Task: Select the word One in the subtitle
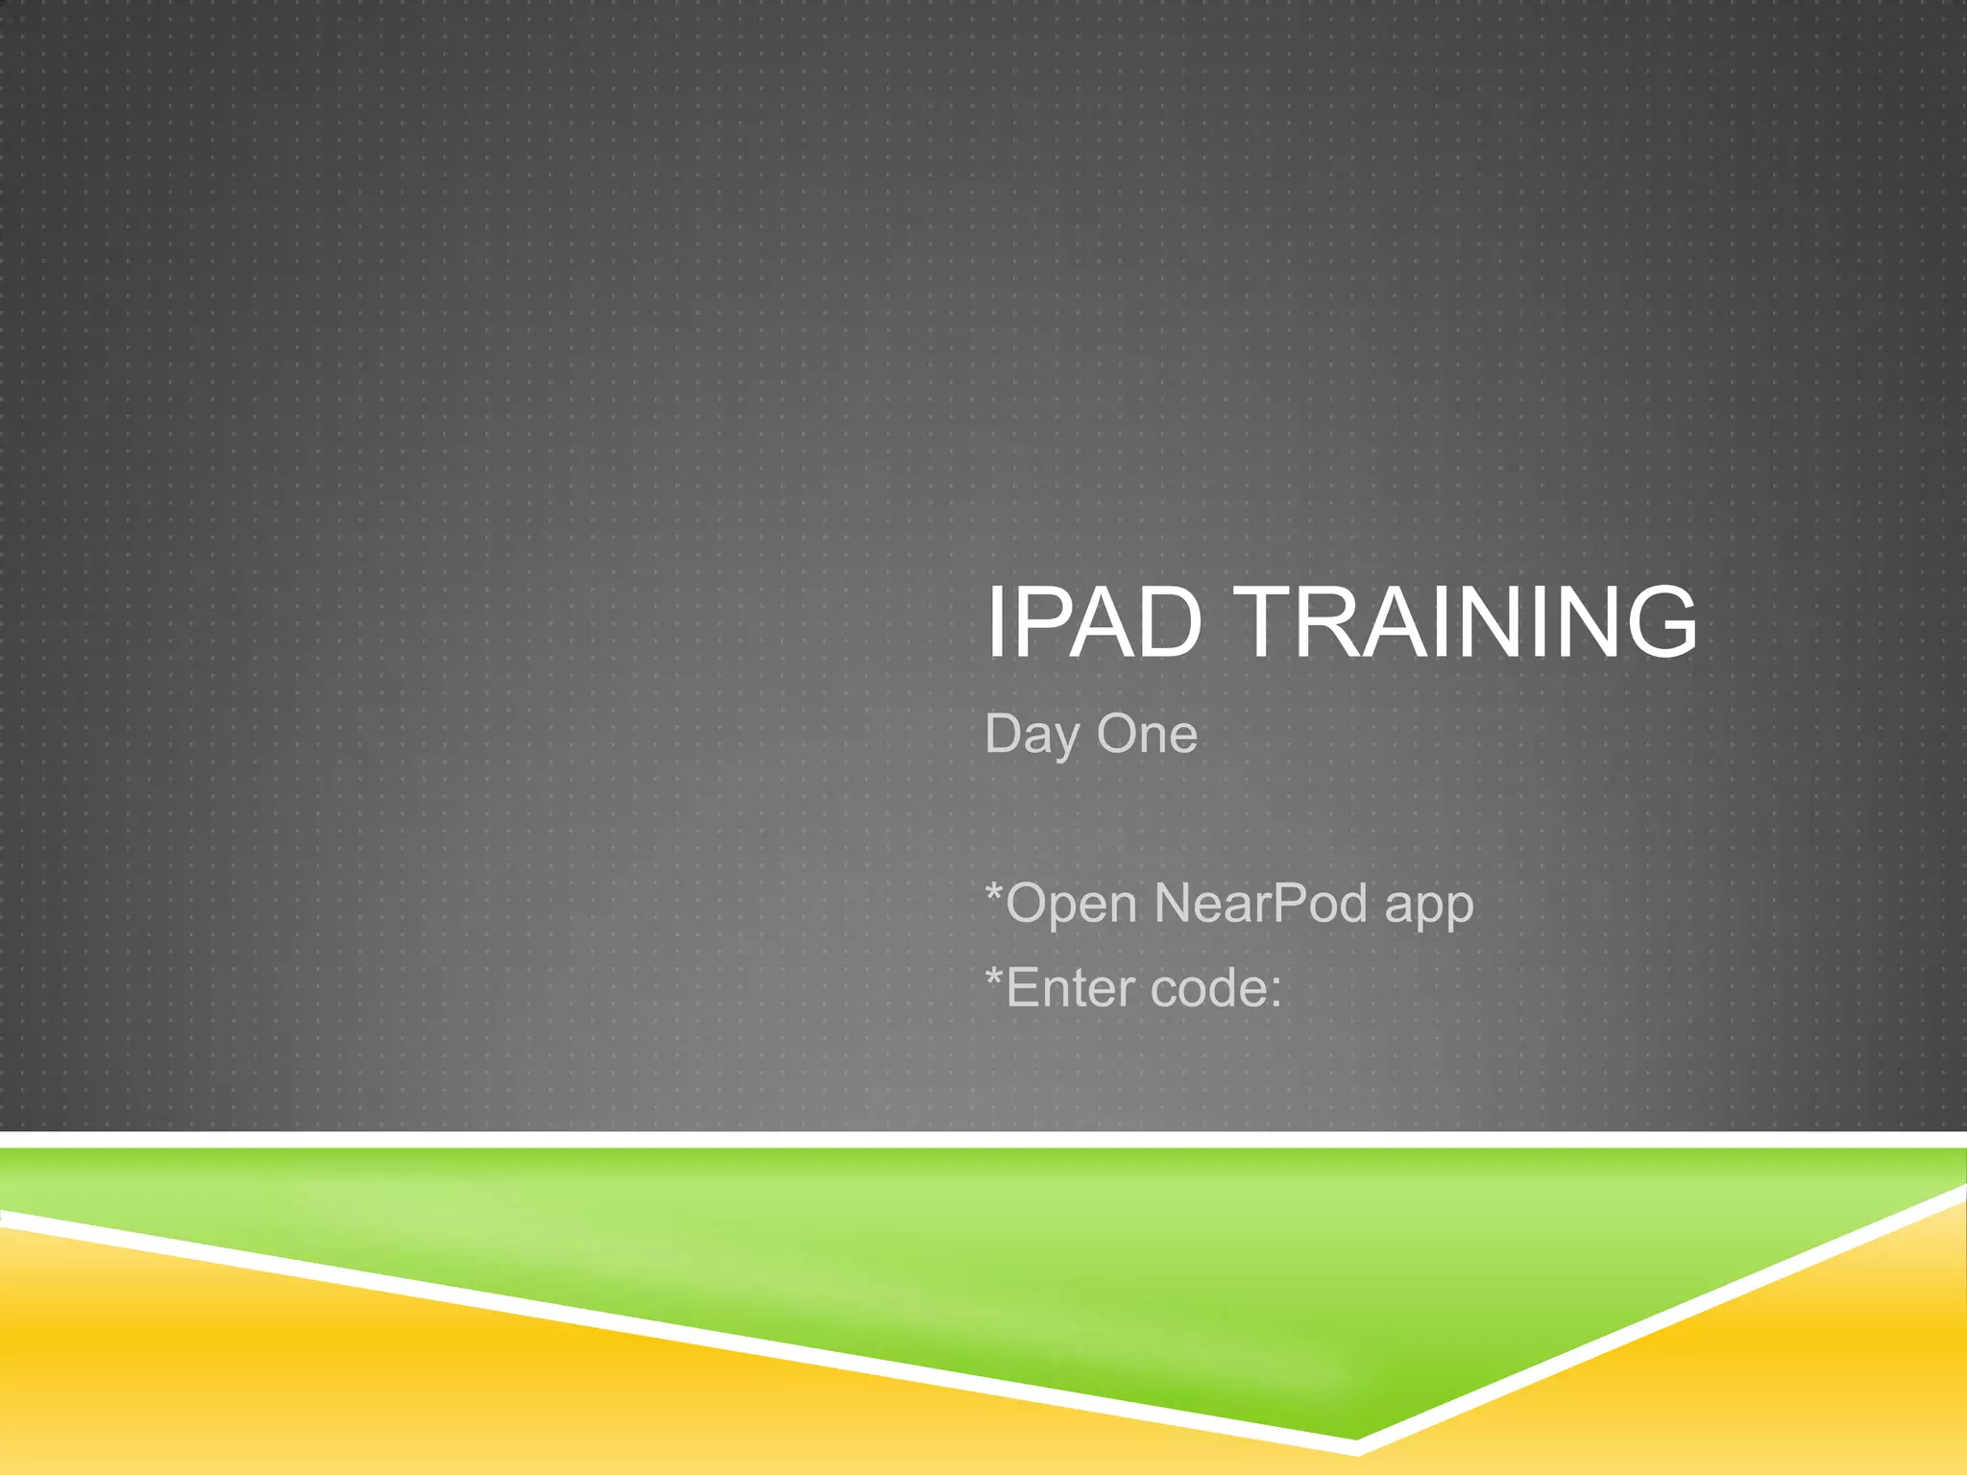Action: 1147,734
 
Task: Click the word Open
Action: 1072,905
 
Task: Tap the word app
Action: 1428,908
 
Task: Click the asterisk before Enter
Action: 995,978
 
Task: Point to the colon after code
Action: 1275,991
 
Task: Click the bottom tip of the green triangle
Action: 1355,1435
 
